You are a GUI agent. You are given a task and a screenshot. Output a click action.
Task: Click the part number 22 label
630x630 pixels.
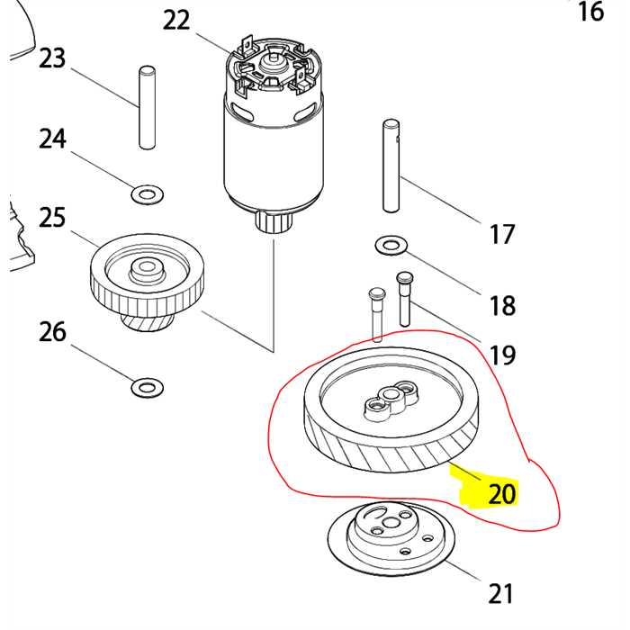(177, 19)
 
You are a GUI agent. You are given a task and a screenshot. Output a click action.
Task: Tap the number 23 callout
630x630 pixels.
(53, 58)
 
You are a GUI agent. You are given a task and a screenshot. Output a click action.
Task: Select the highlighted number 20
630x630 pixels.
(501, 493)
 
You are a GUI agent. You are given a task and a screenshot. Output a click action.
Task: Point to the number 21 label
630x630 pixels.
(500, 593)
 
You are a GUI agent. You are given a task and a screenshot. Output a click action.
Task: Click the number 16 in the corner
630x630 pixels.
(590, 12)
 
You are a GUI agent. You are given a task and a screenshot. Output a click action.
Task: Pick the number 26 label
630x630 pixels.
(53, 332)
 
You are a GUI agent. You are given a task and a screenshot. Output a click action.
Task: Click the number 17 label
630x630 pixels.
(501, 234)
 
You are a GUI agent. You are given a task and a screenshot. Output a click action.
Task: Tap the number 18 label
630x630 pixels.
(502, 304)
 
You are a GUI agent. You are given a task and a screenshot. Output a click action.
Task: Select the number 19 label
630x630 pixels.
(502, 355)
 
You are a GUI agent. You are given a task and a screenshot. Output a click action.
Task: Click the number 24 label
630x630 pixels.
(53, 139)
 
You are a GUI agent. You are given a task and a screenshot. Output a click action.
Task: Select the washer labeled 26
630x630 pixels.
(147, 388)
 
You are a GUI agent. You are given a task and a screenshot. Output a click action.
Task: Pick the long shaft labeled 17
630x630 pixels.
(390, 166)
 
